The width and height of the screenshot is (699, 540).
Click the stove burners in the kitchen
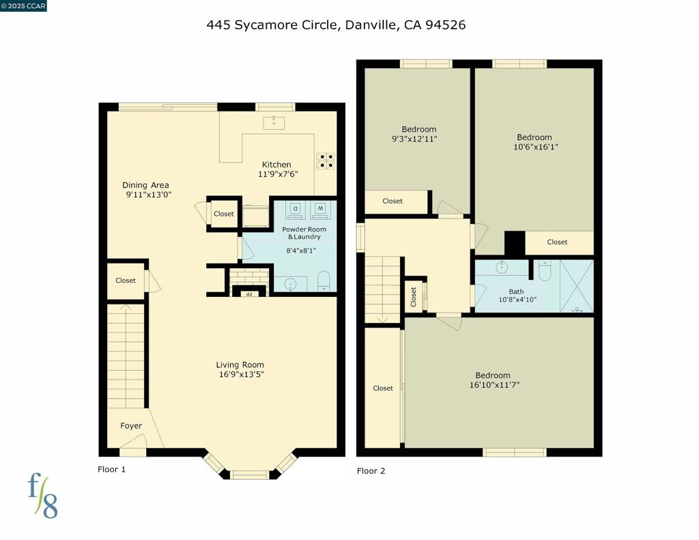click(x=326, y=160)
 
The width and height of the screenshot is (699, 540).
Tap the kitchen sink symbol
click(x=274, y=122)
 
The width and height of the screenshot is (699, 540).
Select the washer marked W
click(x=320, y=210)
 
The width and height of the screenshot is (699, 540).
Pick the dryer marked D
click(x=296, y=210)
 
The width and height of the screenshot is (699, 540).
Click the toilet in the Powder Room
click(x=324, y=281)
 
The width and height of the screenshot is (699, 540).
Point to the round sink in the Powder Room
click(x=290, y=283)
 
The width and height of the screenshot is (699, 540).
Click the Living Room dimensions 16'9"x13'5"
click(x=241, y=375)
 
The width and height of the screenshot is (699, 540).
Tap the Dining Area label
click(x=146, y=185)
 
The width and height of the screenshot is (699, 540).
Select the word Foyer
click(x=131, y=426)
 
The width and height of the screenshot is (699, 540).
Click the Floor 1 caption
click(x=111, y=469)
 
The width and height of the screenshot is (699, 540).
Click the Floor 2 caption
click(x=371, y=471)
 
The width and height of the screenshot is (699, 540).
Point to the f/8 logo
click(x=43, y=496)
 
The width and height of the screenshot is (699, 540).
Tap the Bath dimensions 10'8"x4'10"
click(x=517, y=300)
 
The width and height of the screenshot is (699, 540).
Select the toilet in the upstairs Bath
click(x=544, y=270)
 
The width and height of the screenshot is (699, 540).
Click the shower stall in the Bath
click(x=577, y=286)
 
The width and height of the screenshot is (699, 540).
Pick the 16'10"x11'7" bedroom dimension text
click(x=494, y=385)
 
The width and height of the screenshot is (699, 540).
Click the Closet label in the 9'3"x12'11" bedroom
click(x=393, y=201)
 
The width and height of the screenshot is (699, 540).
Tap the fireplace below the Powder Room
click(x=249, y=282)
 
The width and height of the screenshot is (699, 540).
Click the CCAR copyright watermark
click(x=23, y=5)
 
